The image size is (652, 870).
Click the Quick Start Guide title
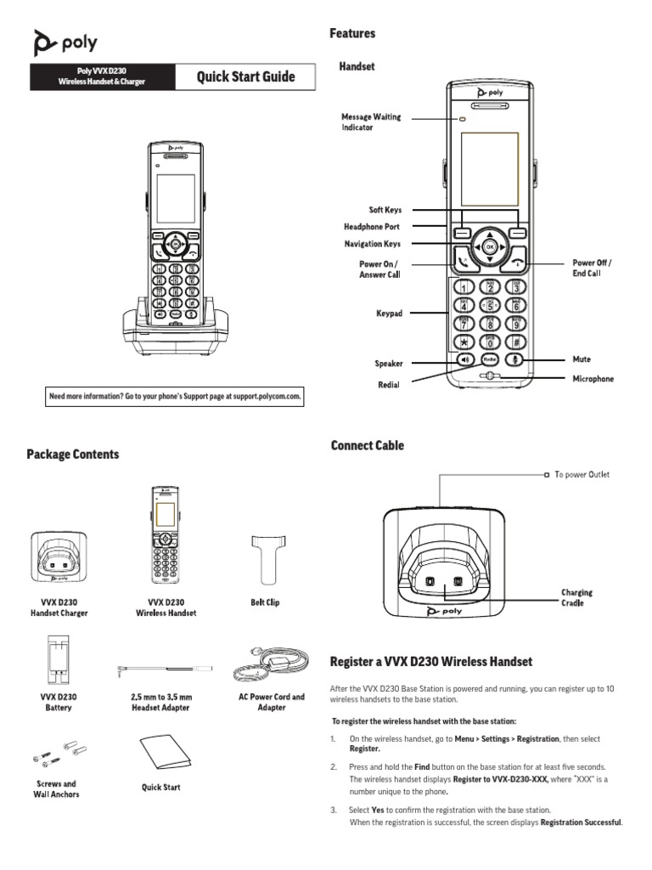click(x=246, y=77)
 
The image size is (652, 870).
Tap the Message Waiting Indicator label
click(x=371, y=121)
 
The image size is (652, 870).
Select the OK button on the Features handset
click(x=489, y=247)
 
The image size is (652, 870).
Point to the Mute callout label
click(x=582, y=359)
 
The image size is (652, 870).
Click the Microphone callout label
click(x=593, y=379)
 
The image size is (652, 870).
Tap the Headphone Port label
click(x=371, y=227)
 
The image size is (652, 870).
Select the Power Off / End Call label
click(x=592, y=268)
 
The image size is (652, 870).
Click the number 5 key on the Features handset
click(x=489, y=307)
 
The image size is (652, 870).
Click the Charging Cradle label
click(x=576, y=597)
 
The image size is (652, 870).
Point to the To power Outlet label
click(x=582, y=475)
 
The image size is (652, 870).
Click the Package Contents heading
click(x=73, y=455)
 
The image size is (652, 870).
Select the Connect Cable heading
click(x=367, y=446)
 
